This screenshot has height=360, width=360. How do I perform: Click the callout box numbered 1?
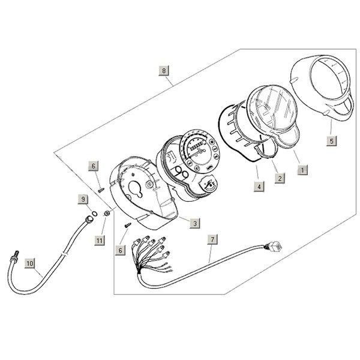[x=303, y=170]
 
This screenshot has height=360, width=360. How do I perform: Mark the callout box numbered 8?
[x=164, y=71]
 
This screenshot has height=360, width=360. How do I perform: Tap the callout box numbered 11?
[x=100, y=240]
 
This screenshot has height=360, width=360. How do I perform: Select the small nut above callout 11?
[x=106, y=213]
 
